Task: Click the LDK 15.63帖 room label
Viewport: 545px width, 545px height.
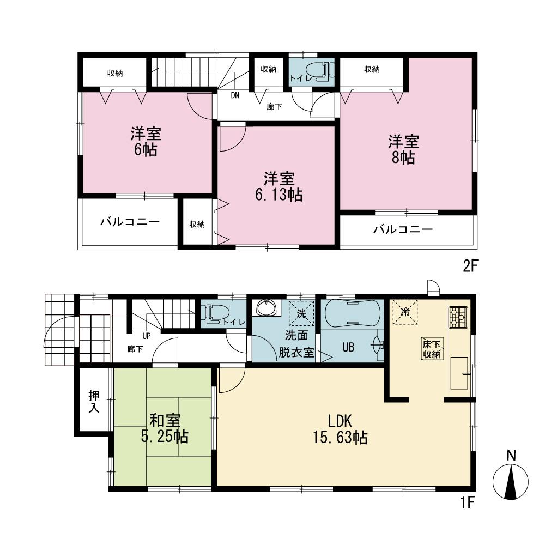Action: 341,428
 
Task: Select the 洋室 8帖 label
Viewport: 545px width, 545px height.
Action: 403,149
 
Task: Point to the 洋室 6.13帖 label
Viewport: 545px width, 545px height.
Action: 279,186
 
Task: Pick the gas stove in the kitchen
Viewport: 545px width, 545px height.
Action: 458,316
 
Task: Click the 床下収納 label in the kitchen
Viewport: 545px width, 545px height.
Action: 433,349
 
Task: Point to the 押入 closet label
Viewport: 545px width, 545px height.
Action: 93,402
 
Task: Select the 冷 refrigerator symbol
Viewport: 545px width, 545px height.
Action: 405,312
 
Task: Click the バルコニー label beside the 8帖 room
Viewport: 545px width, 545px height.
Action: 403,229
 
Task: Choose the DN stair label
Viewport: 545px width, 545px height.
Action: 235,95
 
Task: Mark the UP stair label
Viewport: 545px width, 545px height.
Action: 147,336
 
